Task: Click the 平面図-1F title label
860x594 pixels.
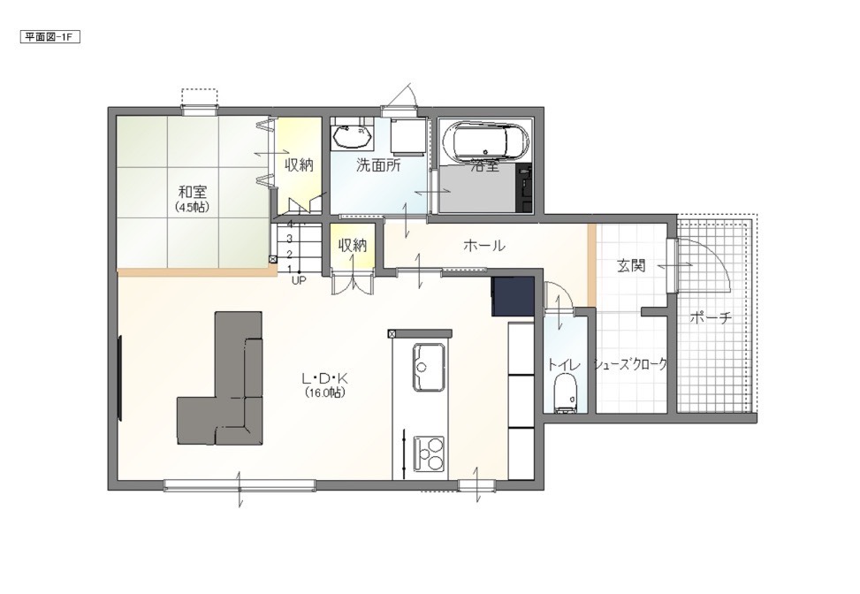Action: pyautogui.click(x=49, y=37)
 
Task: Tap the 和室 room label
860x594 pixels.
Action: pyautogui.click(x=192, y=192)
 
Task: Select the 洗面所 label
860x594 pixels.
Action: pyautogui.click(x=378, y=165)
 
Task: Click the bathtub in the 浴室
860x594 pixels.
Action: pyautogui.click(x=486, y=141)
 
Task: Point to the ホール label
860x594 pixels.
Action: pyautogui.click(x=483, y=245)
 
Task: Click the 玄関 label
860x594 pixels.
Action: pyautogui.click(x=631, y=266)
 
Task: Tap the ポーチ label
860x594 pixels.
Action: pyautogui.click(x=711, y=317)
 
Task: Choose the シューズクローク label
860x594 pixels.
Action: pyautogui.click(x=631, y=364)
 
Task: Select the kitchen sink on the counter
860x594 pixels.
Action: pyautogui.click(x=429, y=367)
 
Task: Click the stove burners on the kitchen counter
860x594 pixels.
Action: pyautogui.click(x=429, y=453)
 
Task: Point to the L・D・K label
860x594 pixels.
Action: pyautogui.click(x=325, y=378)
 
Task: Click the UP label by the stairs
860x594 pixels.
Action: pyautogui.click(x=299, y=280)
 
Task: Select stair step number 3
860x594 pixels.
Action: pyautogui.click(x=289, y=239)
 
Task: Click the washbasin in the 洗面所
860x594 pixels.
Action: pyautogui.click(x=352, y=136)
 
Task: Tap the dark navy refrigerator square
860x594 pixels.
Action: pyautogui.click(x=513, y=297)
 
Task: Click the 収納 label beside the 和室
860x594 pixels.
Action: pyautogui.click(x=299, y=164)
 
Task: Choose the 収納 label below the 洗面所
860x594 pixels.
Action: pyautogui.click(x=352, y=245)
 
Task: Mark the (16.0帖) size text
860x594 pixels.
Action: pyautogui.click(x=325, y=392)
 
